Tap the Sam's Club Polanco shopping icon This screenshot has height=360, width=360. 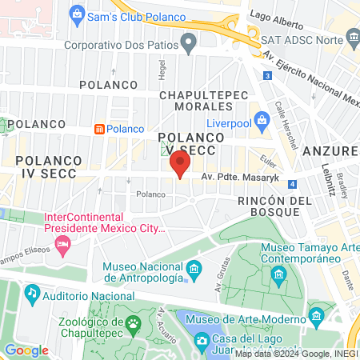coord(77,13)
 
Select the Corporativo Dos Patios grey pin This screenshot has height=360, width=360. coord(189,43)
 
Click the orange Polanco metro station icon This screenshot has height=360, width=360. coord(98,129)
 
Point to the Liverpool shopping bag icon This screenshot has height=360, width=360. coord(260,122)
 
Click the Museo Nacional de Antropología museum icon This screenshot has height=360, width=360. coord(193,273)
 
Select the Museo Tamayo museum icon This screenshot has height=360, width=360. coord(278,276)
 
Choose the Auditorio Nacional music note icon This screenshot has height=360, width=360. coord(32,294)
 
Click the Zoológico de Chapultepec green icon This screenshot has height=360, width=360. coord(133,323)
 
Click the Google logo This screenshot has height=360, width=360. coord(26,350)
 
